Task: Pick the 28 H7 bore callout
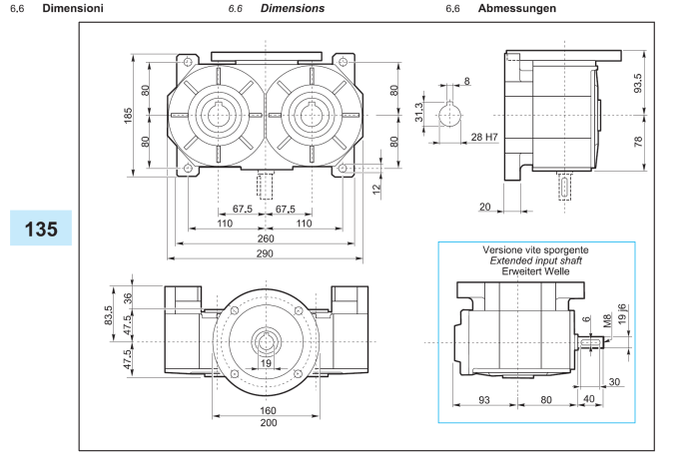pyautogui.click(x=485, y=136)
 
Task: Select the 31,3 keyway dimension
pyautogui.click(x=420, y=113)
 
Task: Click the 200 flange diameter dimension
pyautogui.click(x=267, y=423)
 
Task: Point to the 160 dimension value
pyautogui.click(x=267, y=408)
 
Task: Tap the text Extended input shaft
pyautogui.click(x=535, y=261)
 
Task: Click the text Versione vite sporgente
pyautogui.click(x=535, y=249)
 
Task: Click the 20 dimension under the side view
pyautogui.click(x=483, y=207)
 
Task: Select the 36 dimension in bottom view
pyautogui.click(x=128, y=297)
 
